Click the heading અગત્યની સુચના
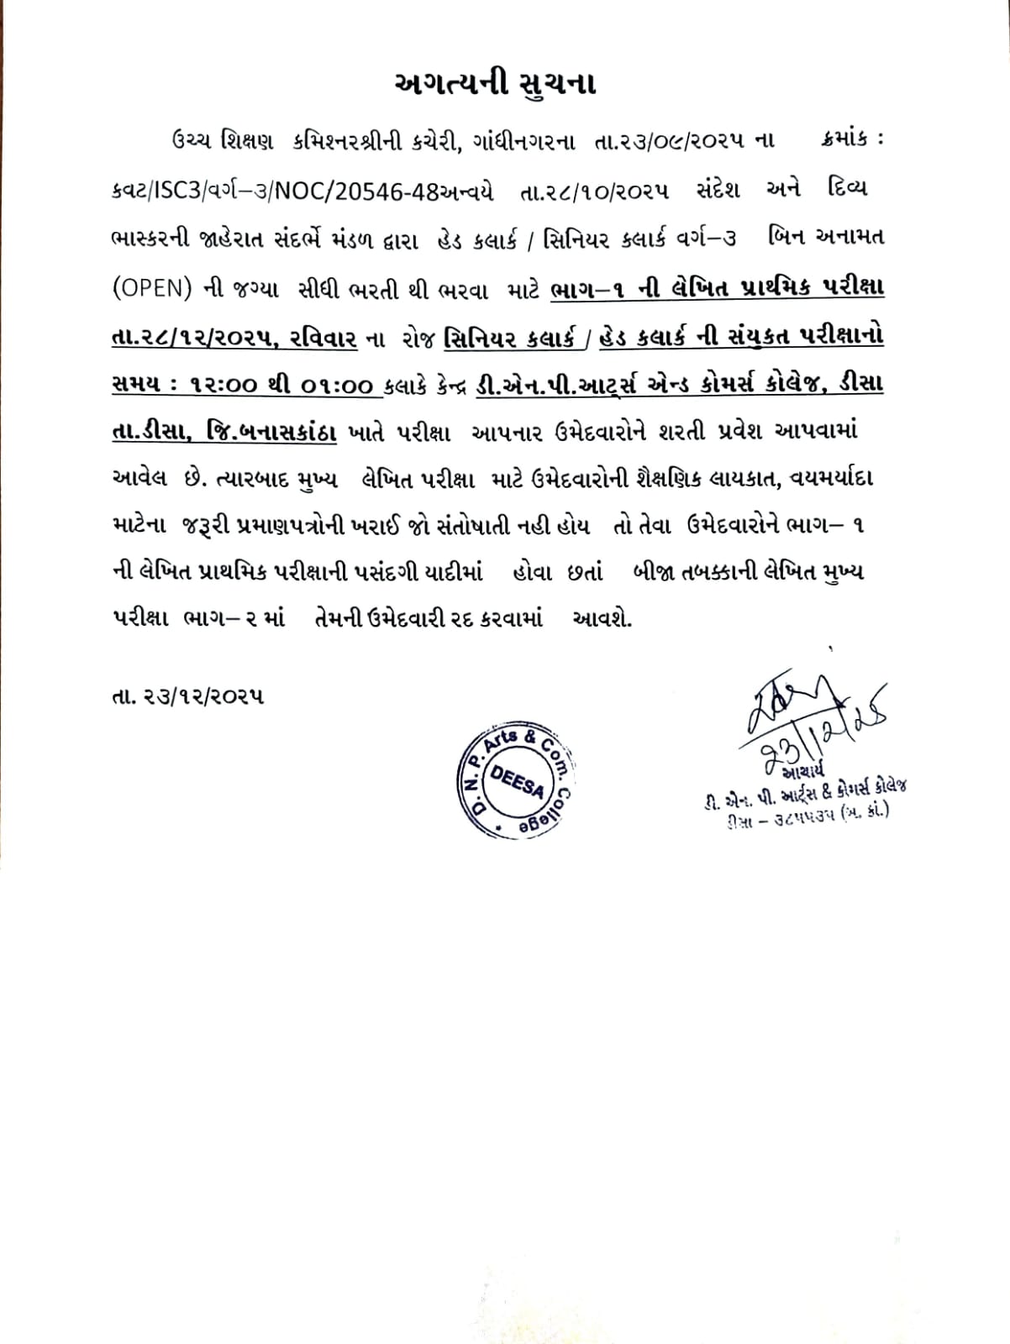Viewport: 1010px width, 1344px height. coord(495,84)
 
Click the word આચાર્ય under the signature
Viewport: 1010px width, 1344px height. coord(806,769)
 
